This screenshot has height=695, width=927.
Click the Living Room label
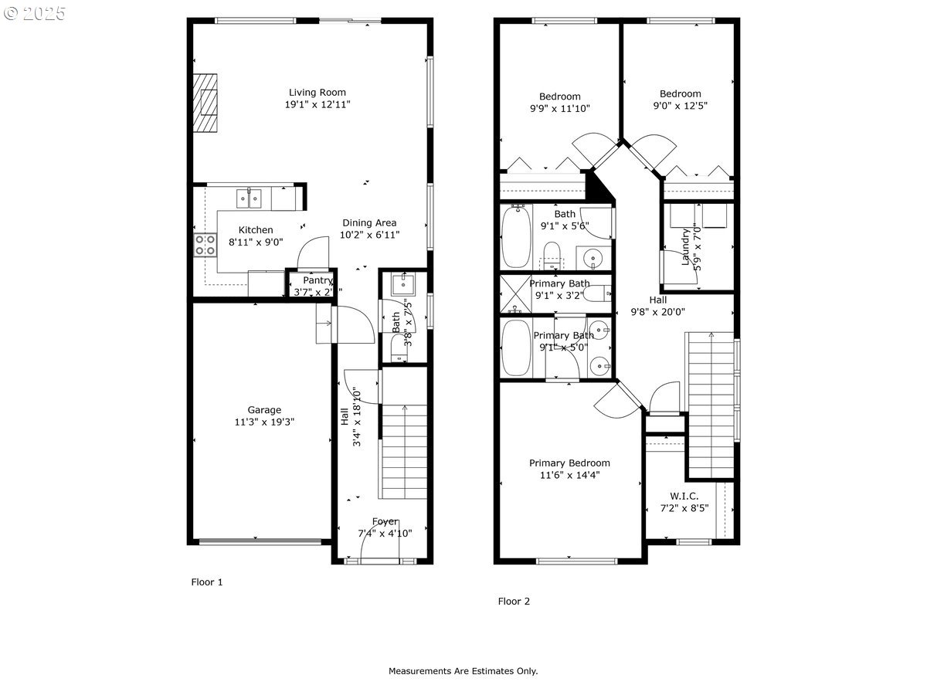[x=317, y=92]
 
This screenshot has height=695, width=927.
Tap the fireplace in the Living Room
[x=206, y=103]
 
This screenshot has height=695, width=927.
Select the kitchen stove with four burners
[x=205, y=245]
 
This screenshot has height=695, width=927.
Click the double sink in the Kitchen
[x=250, y=198]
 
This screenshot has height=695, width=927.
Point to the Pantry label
[x=317, y=280]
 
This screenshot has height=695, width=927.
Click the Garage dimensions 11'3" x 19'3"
[x=264, y=422]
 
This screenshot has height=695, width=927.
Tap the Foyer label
[x=385, y=521]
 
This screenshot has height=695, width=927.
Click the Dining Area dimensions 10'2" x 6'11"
[x=371, y=235]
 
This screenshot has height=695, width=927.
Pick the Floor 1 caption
[x=207, y=582]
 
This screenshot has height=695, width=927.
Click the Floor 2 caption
[x=514, y=601]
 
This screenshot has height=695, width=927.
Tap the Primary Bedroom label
[x=569, y=463]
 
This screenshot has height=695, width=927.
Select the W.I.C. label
[x=684, y=496]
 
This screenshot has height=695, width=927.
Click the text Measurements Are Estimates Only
[x=463, y=671]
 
